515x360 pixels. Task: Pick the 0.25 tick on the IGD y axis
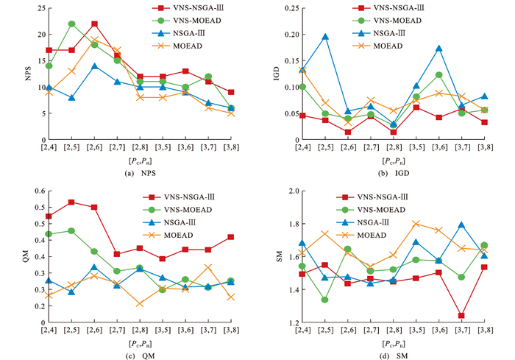click(x=283, y=8)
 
